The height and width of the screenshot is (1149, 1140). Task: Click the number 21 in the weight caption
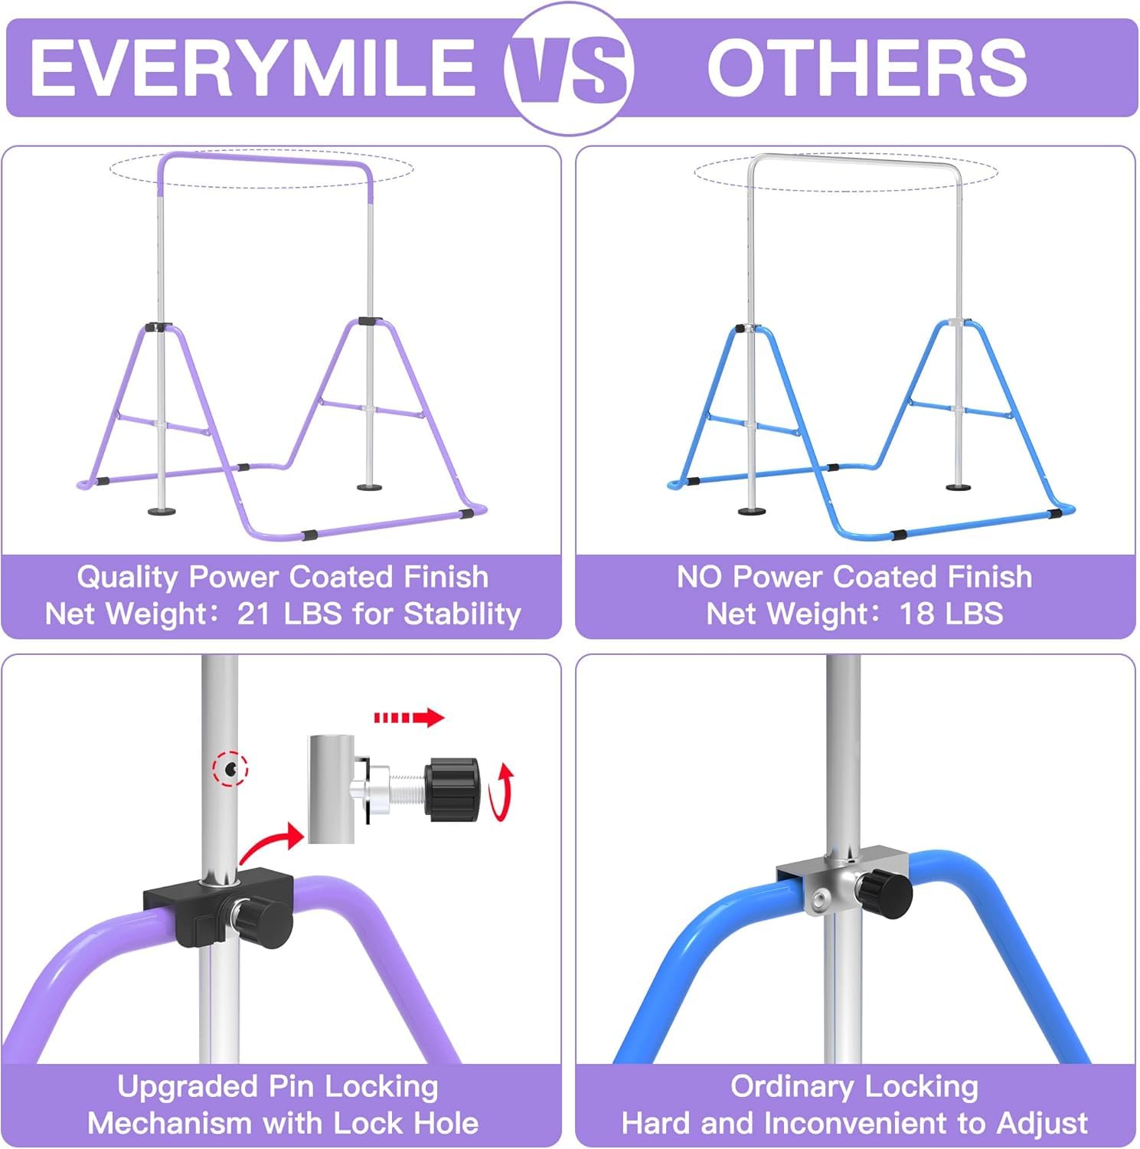click(253, 614)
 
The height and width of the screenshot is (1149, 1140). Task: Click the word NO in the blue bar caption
click(700, 577)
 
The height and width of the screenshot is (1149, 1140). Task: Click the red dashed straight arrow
click(409, 718)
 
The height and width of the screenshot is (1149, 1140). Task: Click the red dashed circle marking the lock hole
click(230, 768)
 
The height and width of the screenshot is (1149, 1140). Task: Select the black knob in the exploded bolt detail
click(453, 791)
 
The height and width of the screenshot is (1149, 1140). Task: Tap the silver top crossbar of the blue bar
click(854, 159)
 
